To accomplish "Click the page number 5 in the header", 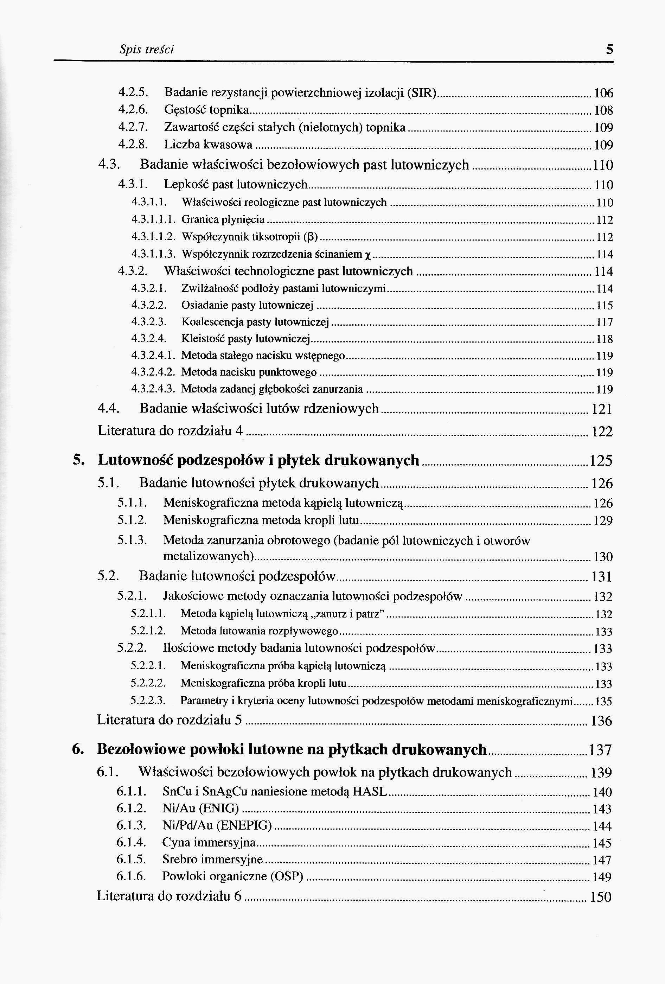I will click(609, 50).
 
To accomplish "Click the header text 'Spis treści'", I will click(146, 50).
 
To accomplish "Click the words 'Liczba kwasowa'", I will click(208, 145).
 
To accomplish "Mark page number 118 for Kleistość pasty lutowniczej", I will click(605, 339).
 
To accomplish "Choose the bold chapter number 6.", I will click(77, 749).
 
